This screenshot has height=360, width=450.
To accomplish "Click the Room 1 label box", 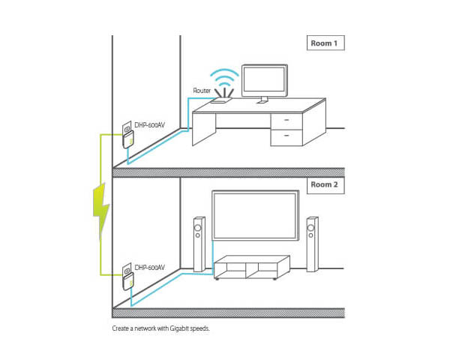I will pyautogui.click(x=324, y=43).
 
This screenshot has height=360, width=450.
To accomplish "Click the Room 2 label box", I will pyautogui.click(x=324, y=185).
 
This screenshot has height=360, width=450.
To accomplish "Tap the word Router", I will pyautogui.click(x=202, y=91).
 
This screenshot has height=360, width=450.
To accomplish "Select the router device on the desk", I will pyautogui.click(x=223, y=97).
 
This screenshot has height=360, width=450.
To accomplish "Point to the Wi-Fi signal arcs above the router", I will pyautogui.click(x=223, y=78).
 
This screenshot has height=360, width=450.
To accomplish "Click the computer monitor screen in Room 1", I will pyautogui.click(x=262, y=79).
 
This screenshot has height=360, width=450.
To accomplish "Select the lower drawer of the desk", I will pyautogui.click(x=286, y=136).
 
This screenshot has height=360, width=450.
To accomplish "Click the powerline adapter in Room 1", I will pyautogui.click(x=125, y=138).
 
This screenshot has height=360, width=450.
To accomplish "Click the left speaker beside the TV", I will pyautogui.click(x=198, y=244).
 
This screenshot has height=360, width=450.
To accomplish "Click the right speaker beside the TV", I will pyautogui.click(x=311, y=244).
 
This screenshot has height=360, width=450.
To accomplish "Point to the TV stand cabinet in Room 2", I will pyautogui.click(x=251, y=268).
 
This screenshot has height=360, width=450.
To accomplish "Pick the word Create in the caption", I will pyautogui.click(x=120, y=328).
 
